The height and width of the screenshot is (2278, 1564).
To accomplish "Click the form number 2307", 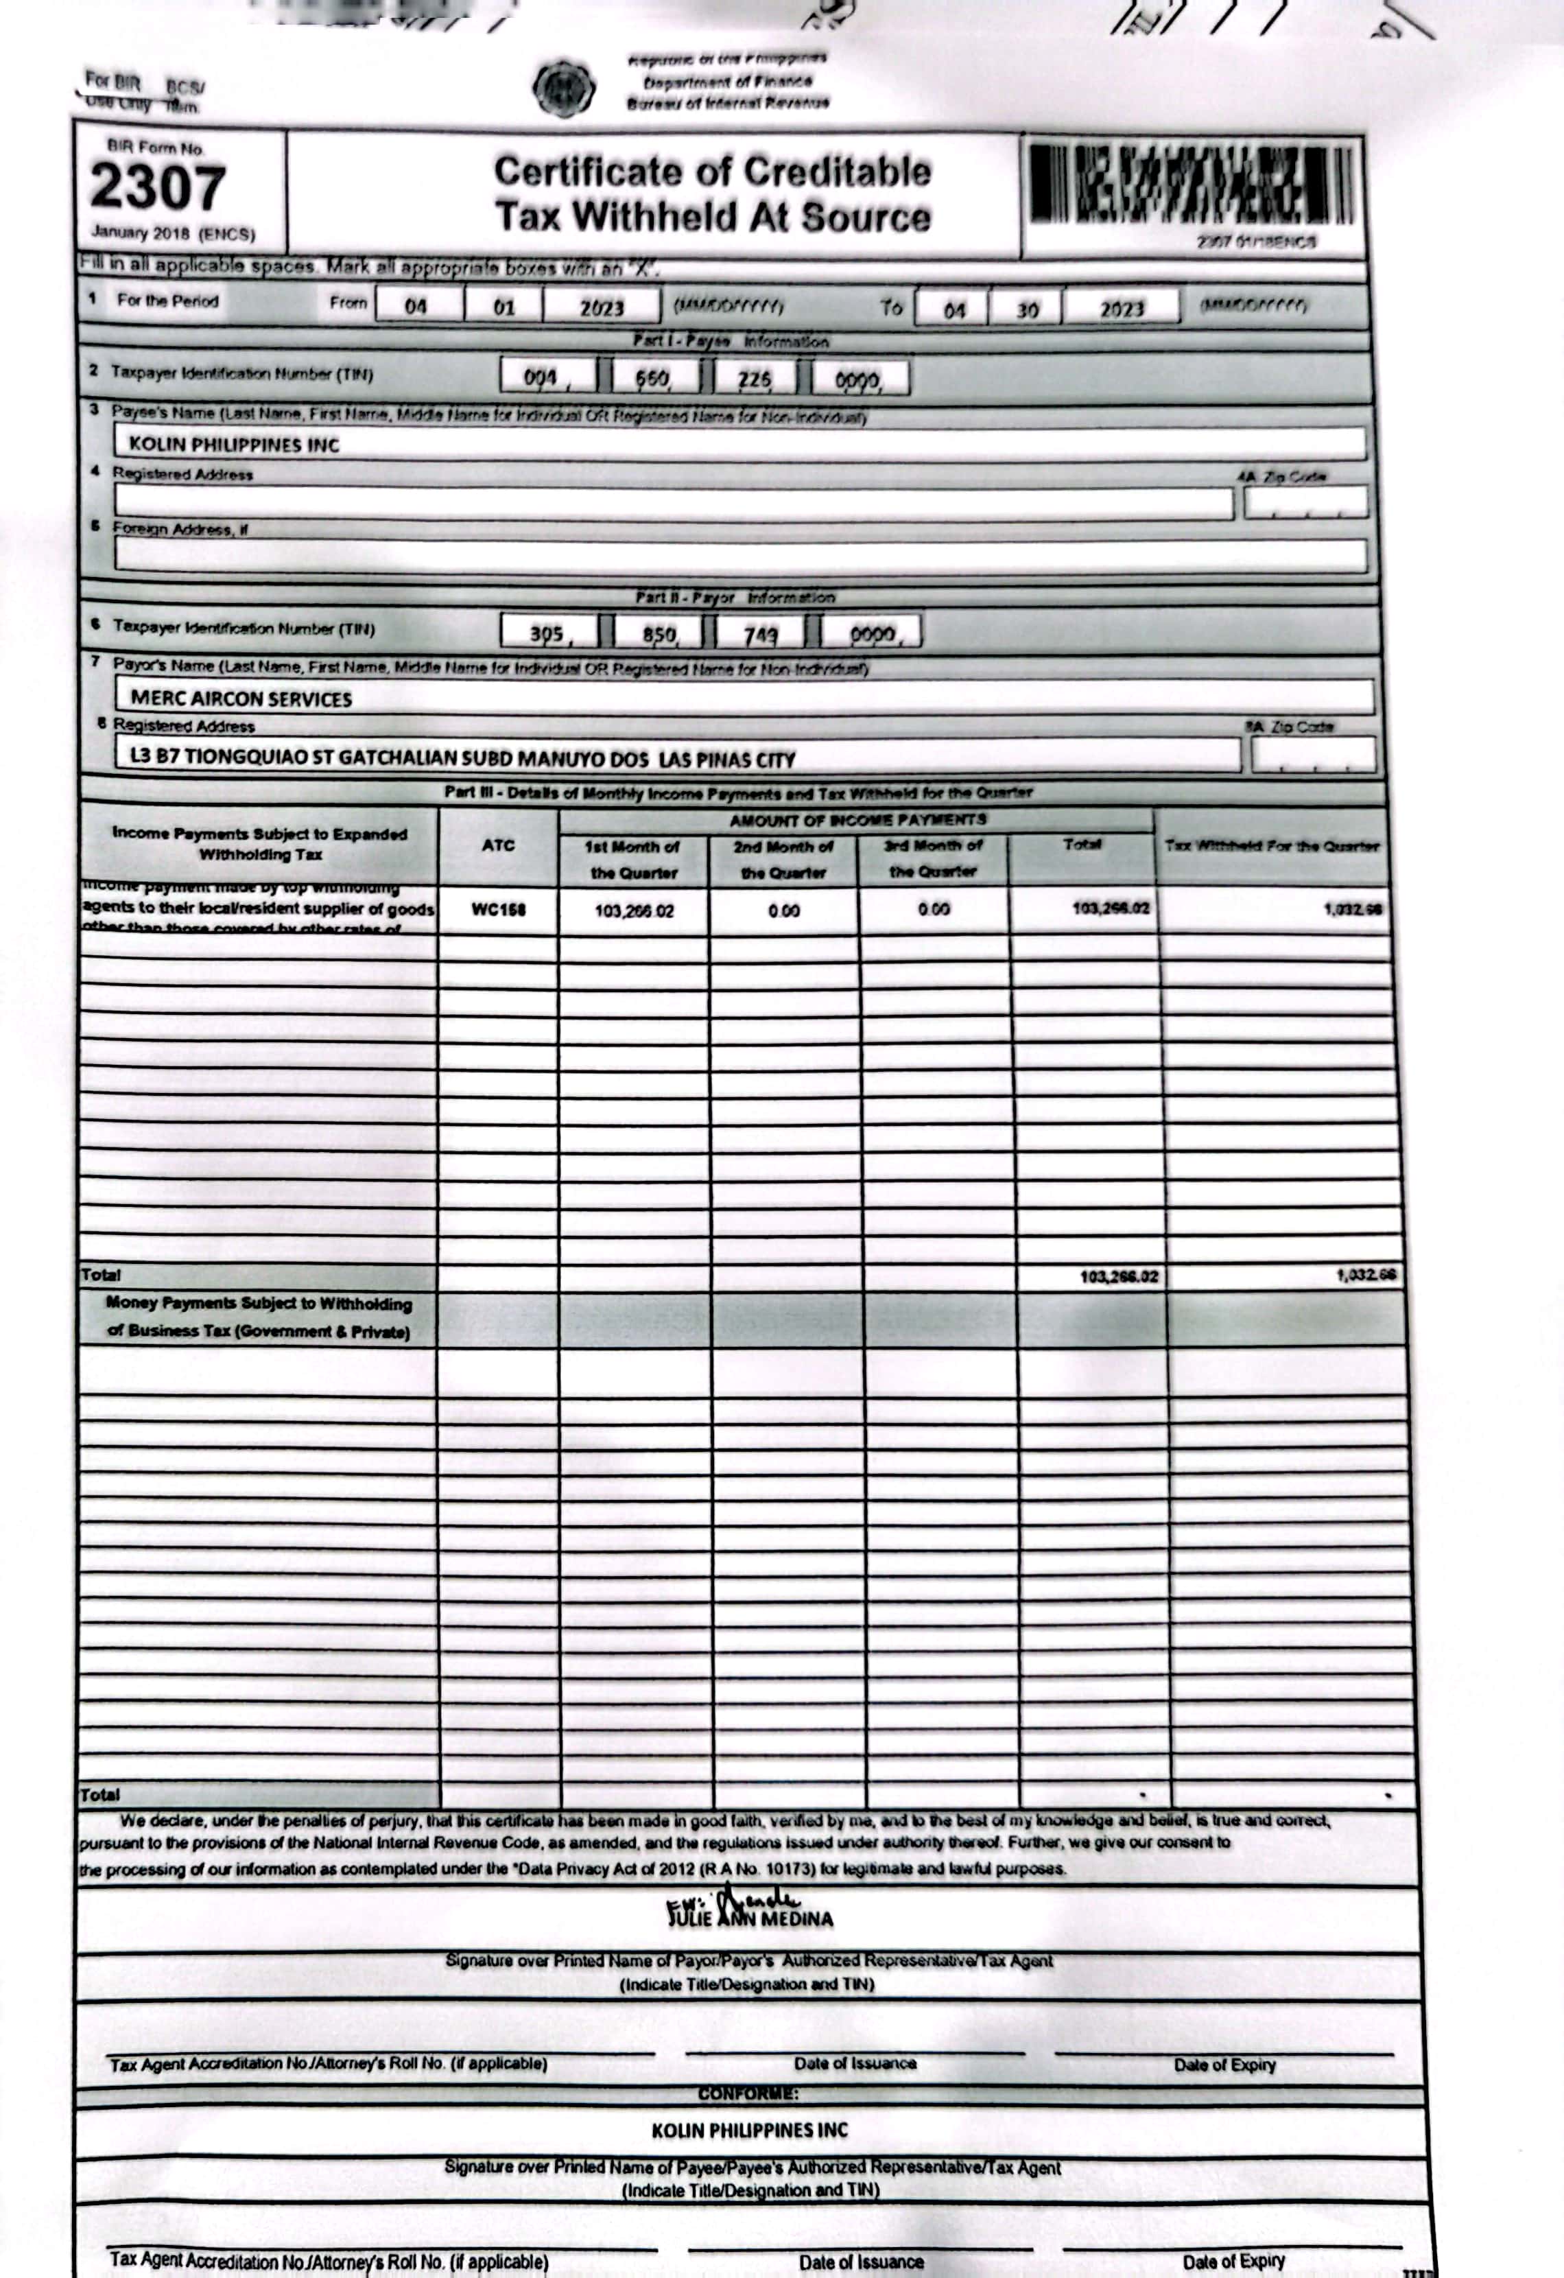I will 158,187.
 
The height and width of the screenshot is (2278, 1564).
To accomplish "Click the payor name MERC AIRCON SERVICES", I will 241,699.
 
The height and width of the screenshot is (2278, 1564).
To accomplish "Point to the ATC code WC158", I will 498,910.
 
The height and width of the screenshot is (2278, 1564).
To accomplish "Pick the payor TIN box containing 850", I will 659,634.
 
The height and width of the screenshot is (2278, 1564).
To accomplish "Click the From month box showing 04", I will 416,307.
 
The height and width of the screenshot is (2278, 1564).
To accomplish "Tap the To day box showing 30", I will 1026,309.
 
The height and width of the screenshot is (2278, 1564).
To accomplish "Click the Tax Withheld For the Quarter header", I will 1271,846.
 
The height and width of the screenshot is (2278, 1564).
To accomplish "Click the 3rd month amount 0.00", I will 933,910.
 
